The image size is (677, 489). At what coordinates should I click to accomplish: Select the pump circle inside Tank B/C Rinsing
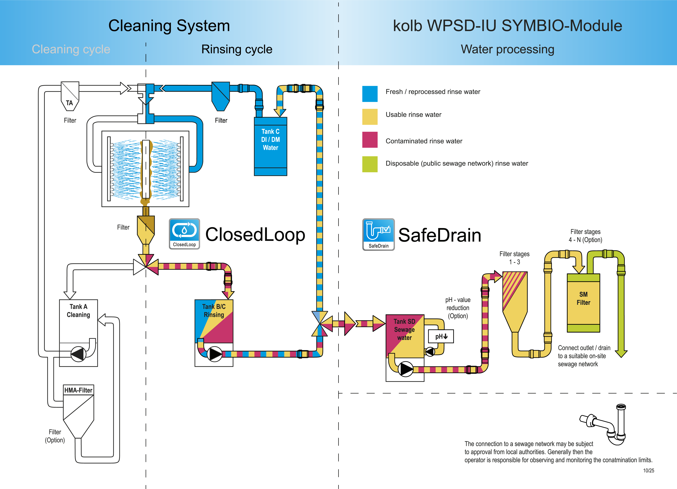click(214, 354)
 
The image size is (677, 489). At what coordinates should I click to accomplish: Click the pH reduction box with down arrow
click(441, 336)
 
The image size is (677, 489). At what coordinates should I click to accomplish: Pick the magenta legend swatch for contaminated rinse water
click(370, 140)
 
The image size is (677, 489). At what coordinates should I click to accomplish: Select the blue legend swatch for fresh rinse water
click(370, 94)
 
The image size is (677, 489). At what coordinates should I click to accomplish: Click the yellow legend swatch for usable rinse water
click(370, 117)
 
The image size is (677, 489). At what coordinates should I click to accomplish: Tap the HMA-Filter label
click(78, 390)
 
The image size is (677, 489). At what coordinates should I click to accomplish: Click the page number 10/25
click(648, 470)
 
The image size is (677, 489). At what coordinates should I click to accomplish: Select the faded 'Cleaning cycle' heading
click(71, 49)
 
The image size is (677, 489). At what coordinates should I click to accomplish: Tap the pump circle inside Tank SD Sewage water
click(406, 369)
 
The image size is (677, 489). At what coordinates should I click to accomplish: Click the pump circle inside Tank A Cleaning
click(78, 354)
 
